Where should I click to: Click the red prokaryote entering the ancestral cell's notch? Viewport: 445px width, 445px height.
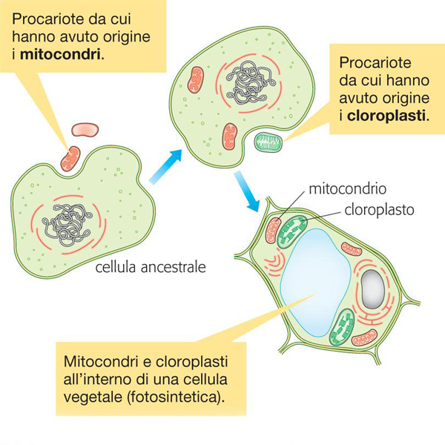pos(71,158)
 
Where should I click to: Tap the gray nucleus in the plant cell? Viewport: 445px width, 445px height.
pos(373,286)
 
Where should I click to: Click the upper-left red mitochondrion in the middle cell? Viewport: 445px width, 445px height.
pos(196,79)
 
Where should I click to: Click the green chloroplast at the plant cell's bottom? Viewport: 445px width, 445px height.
pos(343,326)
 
